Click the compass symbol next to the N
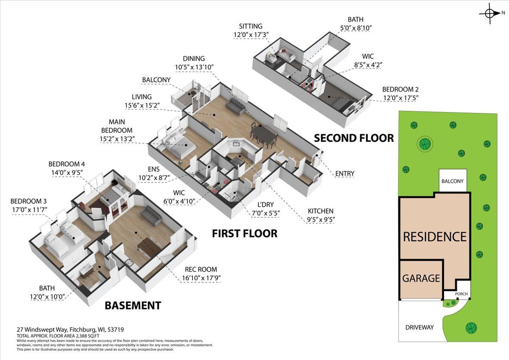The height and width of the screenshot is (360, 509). (x=489, y=14)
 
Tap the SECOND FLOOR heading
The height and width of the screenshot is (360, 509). (x=354, y=138)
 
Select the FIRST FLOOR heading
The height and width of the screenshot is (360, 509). (x=245, y=233)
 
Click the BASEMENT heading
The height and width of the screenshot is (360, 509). (x=133, y=305)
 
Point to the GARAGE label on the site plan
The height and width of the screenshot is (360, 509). (x=421, y=278)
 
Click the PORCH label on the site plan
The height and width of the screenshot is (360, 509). (x=461, y=294)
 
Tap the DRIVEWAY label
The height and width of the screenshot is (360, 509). (x=420, y=327)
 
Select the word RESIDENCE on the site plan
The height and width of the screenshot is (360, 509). (x=435, y=237)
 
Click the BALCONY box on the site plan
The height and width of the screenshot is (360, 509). (x=453, y=180)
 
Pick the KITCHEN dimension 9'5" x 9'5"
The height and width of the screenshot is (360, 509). (x=321, y=219)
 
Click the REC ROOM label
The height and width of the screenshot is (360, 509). (x=201, y=269)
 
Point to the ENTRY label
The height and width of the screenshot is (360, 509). (x=345, y=174)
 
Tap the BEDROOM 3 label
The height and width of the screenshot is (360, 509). (x=28, y=201)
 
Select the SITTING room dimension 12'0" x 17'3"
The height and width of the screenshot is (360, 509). (x=251, y=35)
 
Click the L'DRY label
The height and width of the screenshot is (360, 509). (x=266, y=205)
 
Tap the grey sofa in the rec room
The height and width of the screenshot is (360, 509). (x=151, y=215)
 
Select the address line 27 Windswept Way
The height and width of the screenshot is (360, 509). (x=70, y=329)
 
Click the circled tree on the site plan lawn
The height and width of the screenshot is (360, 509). (x=425, y=144)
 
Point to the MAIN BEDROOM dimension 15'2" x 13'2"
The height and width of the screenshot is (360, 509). (x=117, y=139)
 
